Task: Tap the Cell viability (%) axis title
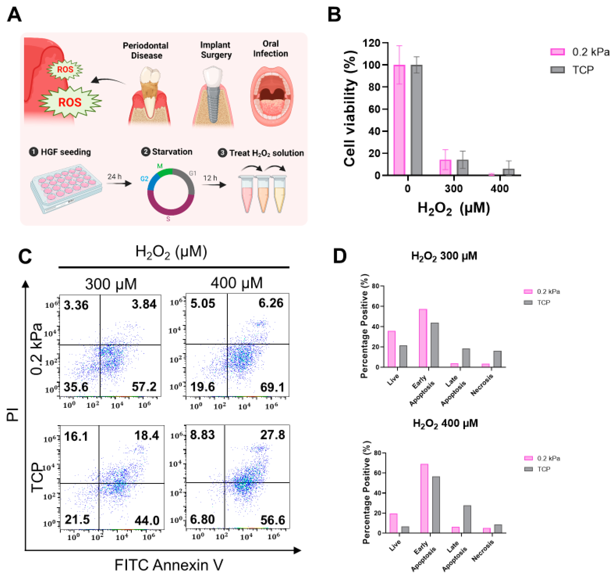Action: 350,109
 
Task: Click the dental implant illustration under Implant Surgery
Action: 213,96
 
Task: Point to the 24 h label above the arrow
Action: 114,176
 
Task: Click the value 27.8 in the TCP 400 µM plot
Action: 272,435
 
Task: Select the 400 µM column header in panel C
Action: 237,283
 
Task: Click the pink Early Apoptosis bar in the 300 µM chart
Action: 423,338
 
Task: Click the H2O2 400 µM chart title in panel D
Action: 445,423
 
